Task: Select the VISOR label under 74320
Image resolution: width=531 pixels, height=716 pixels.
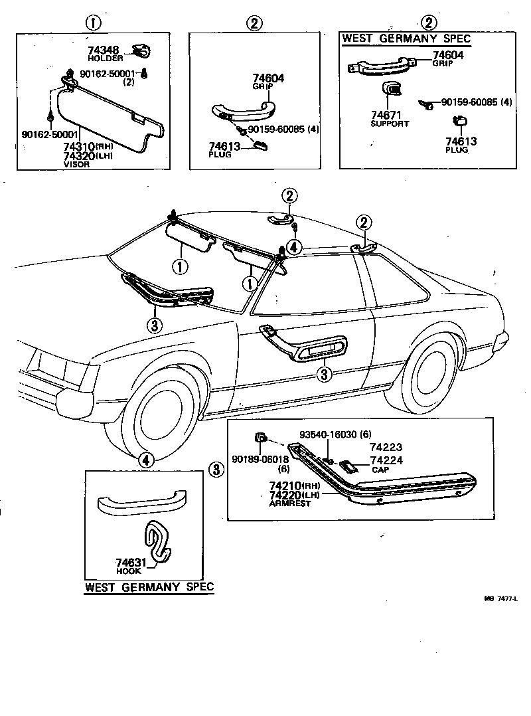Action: (x=76, y=165)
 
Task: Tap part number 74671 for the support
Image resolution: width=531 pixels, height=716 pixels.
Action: (x=386, y=115)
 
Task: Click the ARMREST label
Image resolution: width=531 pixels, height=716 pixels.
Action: (x=289, y=503)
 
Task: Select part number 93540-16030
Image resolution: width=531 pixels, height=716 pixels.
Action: (x=328, y=434)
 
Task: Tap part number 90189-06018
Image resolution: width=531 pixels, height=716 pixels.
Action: (x=260, y=460)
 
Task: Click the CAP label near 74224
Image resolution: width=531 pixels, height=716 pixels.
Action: (x=380, y=470)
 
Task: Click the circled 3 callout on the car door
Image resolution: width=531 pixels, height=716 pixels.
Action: (x=325, y=375)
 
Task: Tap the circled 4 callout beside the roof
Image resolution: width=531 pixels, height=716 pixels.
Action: (x=294, y=247)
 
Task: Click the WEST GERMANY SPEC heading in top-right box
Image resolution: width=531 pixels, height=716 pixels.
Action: (x=406, y=39)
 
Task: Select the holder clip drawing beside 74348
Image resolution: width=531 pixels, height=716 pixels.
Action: (x=141, y=51)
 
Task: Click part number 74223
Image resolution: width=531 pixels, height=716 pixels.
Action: (x=386, y=447)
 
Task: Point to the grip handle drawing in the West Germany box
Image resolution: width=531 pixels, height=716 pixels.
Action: (x=382, y=66)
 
